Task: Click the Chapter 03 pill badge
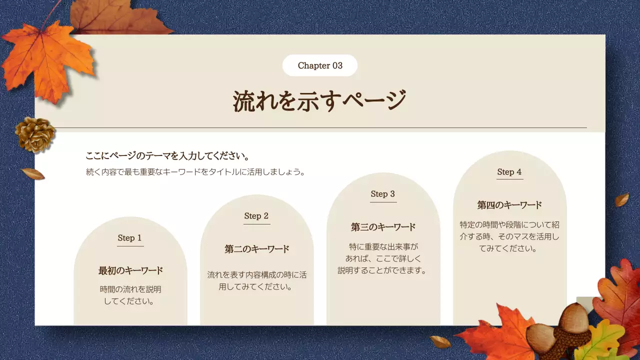coord(320,65)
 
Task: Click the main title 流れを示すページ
coord(319,101)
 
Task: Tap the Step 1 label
coord(130,238)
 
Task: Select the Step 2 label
coord(256,216)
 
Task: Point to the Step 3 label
coord(383,194)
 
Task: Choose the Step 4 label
coord(509,172)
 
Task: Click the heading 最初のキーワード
coord(130,270)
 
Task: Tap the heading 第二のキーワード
coord(257,249)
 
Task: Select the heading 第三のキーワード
coord(383,227)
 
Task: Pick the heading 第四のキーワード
coord(509,205)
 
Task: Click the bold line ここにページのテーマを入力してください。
coord(167,155)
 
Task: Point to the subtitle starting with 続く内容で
coord(195,172)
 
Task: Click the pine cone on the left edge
coord(35,134)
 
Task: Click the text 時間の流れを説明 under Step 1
coord(130,289)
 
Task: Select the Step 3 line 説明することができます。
coord(383,270)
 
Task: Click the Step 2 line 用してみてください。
coord(256,287)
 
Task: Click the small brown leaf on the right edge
coord(621,200)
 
